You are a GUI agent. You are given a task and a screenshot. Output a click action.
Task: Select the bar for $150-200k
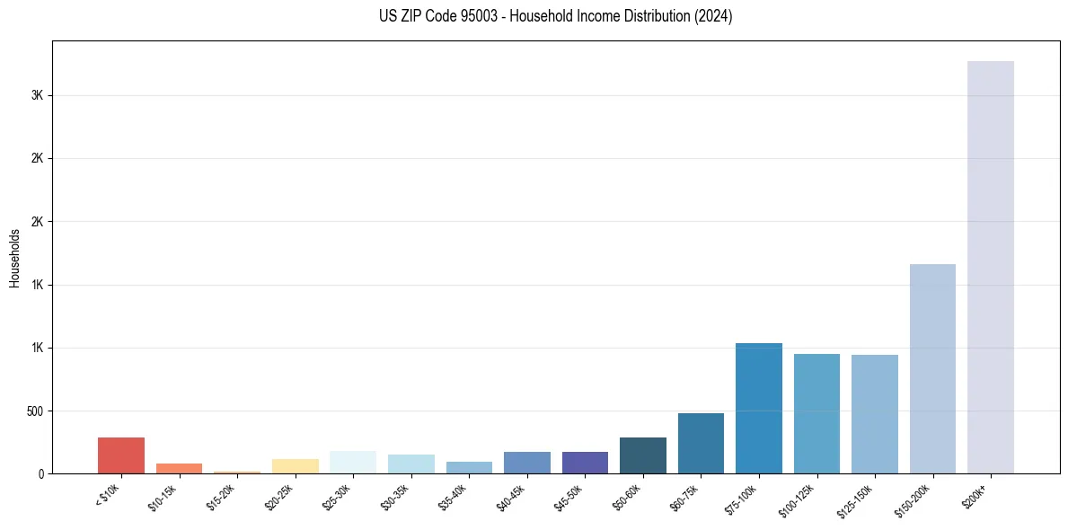[x=932, y=368]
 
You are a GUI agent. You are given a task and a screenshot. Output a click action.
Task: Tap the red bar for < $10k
[x=121, y=455]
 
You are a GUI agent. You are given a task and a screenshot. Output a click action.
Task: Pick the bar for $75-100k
[x=758, y=408]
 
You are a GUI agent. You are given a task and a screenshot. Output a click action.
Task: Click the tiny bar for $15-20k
[x=237, y=472]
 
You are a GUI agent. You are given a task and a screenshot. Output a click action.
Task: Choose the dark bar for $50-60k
[x=642, y=455]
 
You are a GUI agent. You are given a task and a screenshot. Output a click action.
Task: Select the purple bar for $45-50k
[x=585, y=463]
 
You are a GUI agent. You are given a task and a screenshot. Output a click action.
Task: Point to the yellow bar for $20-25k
[x=296, y=466]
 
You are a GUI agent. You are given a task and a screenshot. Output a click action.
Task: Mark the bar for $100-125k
[x=816, y=413]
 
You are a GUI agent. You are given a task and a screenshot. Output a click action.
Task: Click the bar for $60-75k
[x=701, y=443]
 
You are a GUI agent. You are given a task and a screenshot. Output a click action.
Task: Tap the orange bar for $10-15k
[x=179, y=468]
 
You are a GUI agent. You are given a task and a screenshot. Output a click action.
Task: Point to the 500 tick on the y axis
[x=36, y=411]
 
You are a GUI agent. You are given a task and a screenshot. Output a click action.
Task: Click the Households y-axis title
[x=15, y=258]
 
